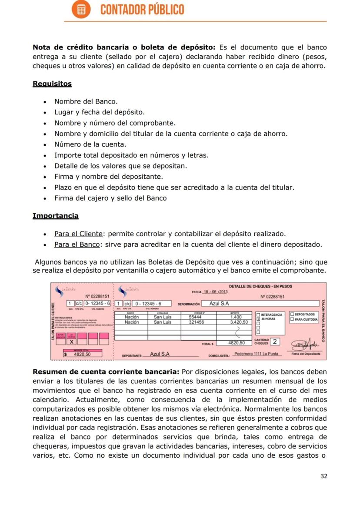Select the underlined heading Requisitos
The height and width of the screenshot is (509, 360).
tap(52, 84)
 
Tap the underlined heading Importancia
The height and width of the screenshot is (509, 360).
tap(56, 216)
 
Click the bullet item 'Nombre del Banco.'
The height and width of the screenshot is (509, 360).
tap(86, 102)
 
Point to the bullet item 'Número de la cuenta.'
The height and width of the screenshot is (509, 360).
tap(90, 144)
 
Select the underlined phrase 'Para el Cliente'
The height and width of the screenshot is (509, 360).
tap(78, 234)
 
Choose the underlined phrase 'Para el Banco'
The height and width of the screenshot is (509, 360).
tap(77, 244)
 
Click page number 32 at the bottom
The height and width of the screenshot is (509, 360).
tap(323, 476)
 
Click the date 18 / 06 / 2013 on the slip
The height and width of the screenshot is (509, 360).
tap(216, 291)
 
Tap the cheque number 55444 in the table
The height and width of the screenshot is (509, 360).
tap(195, 317)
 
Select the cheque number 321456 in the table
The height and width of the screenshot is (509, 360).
tap(197, 322)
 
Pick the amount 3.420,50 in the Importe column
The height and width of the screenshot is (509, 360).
tap(239, 322)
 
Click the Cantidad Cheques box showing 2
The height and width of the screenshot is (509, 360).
tap(275, 342)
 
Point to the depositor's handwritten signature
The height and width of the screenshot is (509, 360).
tap(305, 344)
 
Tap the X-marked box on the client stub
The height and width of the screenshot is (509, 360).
tap(71, 342)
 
